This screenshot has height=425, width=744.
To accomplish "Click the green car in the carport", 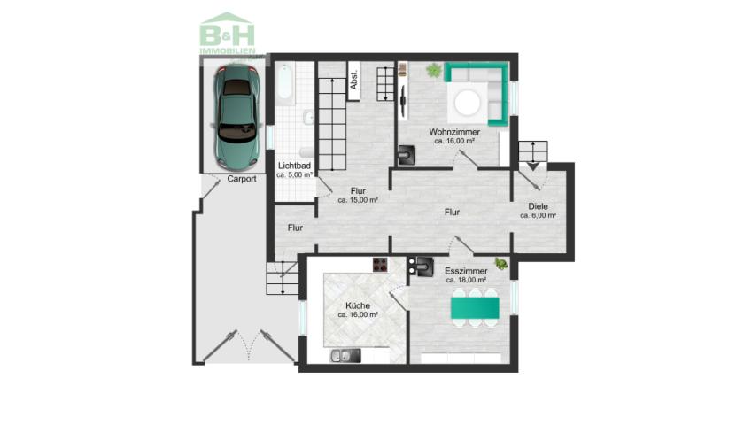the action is click(236, 117).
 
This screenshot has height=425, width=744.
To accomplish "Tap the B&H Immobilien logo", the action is click(228, 34).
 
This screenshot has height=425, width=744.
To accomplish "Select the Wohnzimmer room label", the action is click(454, 132).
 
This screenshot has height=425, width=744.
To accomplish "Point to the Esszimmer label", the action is click(466, 271).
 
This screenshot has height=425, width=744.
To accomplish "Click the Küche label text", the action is click(358, 306).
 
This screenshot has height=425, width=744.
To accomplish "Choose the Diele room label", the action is click(539, 206).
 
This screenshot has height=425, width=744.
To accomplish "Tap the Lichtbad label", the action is click(294, 166).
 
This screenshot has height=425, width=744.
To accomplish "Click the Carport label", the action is click(242, 179).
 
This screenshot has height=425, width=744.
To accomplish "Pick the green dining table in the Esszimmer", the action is click(475, 308).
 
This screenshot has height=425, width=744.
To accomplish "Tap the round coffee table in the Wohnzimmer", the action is click(467, 103).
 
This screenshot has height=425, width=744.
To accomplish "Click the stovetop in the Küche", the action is click(380, 265).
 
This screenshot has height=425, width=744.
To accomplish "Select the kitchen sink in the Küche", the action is click(345, 356).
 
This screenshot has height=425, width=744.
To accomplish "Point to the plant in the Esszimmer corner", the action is click(500, 264).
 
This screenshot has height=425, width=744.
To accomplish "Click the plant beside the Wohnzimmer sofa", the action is click(434, 71).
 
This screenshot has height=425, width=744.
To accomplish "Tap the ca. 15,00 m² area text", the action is click(358, 200).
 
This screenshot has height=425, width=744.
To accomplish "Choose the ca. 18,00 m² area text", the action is click(466, 280).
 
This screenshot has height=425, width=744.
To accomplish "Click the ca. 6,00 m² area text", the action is click(539, 215).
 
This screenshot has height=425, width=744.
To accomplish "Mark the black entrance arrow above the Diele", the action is click(533, 166).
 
